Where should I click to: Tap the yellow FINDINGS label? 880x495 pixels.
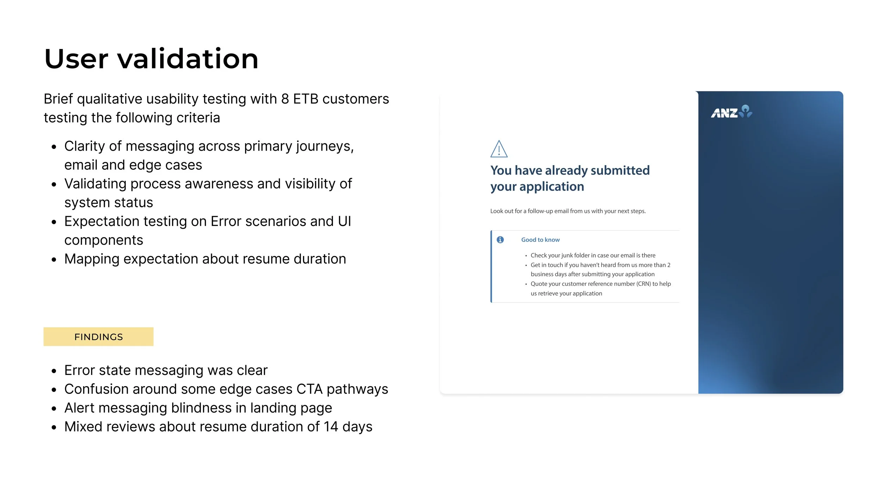point(99,337)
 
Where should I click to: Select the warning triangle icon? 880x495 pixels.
point(499,149)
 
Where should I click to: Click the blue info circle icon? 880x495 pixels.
point(500,240)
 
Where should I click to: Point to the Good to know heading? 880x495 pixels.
point(540,240)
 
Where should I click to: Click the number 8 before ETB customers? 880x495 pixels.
point(285,99)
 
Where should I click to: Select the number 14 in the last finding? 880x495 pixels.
point(331,427)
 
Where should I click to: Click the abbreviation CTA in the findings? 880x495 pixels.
point(309,389)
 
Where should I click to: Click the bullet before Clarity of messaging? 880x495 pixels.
point(54,147)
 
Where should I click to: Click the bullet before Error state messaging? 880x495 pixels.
point(54,371)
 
